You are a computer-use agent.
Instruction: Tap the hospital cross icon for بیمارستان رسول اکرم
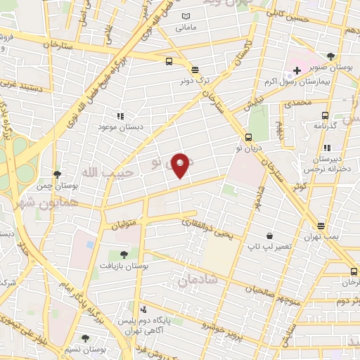click(x=297, y=71)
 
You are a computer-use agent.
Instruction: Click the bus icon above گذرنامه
click(x=324, y=115)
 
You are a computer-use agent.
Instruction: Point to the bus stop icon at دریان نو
click(x=249, y=138)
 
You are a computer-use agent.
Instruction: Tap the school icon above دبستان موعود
click(x=120, y=115)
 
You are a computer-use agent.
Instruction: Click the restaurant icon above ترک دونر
click(x=195, y=70)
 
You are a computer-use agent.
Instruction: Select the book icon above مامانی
click(x=186, y=17)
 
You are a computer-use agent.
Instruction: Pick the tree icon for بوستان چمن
click(x=57, y=174)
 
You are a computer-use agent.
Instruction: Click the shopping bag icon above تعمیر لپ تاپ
click(x=269, y=236)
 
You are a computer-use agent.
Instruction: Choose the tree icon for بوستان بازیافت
click(x=124, y=255)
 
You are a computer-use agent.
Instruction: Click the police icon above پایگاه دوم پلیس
click(x=143, y=309)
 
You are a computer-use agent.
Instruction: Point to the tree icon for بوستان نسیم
click(x=85, y=338)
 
